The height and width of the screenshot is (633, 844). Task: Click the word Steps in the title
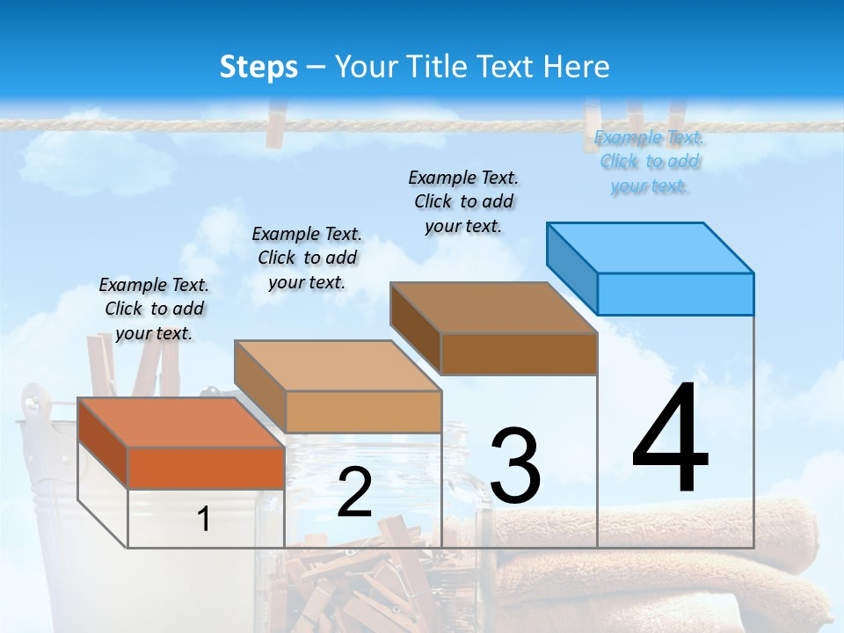point(258,67)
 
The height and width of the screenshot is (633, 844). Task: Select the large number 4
point(670,440)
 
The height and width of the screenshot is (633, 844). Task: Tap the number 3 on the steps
point(515,466)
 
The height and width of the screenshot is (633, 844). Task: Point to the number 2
point(354,493)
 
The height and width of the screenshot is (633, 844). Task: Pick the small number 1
point(204,519)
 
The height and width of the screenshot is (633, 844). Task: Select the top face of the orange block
point(181,423)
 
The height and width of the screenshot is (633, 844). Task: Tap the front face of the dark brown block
point(519,354)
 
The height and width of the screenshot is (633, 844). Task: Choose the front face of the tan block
point(363,411)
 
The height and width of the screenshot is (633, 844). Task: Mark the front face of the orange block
point(206,468)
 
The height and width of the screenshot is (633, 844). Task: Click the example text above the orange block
point(154,309)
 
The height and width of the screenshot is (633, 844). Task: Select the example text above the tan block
point(307,258)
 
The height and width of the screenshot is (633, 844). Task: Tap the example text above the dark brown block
point(463,201)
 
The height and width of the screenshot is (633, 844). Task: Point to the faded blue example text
point(649,162)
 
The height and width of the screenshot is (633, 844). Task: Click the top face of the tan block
point(338,366)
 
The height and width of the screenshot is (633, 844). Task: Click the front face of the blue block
point(675,294)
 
